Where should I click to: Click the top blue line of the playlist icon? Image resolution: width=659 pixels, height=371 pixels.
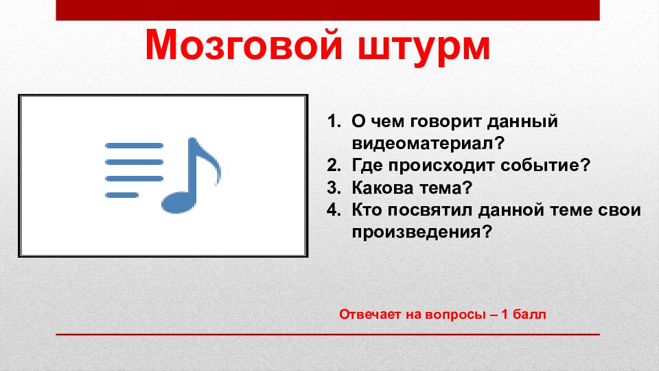pos(134,146)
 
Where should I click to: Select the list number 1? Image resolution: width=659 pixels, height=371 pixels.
pos(333,122)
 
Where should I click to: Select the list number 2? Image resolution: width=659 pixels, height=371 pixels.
pos(333,166)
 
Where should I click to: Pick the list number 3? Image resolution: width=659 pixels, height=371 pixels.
pos(333,188)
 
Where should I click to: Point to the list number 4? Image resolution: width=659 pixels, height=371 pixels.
pos(333,210)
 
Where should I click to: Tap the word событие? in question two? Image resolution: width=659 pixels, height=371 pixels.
pos(548,166)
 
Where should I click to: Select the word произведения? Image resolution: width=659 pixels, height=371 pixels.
pos(422,232)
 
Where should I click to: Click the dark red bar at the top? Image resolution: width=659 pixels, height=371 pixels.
pos(327,10)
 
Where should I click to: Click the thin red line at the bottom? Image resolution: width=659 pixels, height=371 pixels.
pos(327,335)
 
